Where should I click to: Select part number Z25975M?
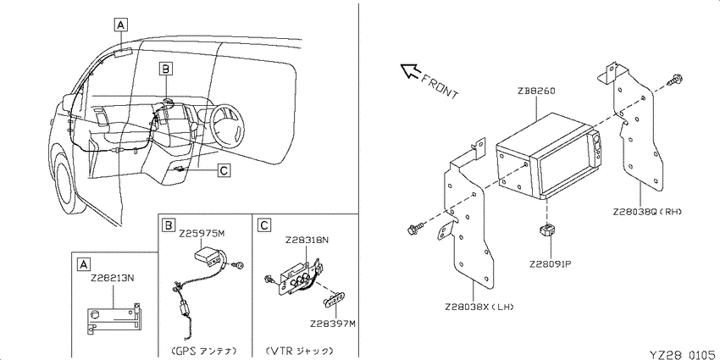(202, 234)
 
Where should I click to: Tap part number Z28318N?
(307, 241)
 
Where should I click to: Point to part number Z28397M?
(333, 324)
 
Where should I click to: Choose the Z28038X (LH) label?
(479, 307)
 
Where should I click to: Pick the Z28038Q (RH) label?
(647, 212)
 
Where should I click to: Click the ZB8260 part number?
(536, 91)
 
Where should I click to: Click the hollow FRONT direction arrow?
(410, 70)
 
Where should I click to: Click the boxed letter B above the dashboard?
(166, 69)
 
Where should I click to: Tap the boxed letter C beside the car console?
(223, 171)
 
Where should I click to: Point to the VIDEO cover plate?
(334, 299)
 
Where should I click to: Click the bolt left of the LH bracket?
(414, 228)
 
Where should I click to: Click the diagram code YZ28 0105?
(684, 354)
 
